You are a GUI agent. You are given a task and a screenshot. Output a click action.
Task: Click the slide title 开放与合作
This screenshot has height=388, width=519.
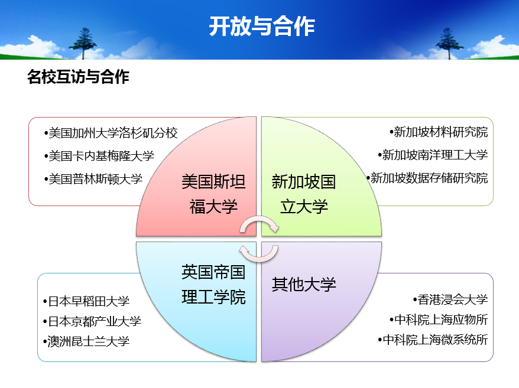[262, 26]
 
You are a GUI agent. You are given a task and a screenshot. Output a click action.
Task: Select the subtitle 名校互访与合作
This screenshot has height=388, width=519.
[78, 77]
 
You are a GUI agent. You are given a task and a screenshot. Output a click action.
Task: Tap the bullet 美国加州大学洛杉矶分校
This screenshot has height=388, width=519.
[111, 133]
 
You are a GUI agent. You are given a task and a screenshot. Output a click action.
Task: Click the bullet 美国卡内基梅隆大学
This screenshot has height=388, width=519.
[99, 156]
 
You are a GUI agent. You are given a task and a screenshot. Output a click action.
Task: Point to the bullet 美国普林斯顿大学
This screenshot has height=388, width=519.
[93, 179]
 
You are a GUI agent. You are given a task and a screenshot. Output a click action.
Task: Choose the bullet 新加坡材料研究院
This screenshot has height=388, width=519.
[439, 132]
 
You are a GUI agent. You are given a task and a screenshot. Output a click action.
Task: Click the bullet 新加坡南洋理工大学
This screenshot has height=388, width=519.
[433, 155]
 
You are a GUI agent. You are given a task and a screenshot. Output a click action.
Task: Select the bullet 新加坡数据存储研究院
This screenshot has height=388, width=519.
[427, 178]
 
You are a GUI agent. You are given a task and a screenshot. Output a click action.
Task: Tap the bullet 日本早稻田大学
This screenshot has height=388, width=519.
[86, 301]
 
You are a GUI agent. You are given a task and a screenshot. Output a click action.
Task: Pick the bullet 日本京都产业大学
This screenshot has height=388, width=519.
[92, 321]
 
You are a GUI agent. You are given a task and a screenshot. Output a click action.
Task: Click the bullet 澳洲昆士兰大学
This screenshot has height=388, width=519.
[86, 341]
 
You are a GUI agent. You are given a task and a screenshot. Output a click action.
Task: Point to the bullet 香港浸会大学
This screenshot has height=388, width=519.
[450, 299]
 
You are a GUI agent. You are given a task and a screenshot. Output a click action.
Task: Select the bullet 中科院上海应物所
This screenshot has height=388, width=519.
[439, 319]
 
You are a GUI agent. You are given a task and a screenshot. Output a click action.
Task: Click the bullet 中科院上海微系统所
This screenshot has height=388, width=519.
[433, 340]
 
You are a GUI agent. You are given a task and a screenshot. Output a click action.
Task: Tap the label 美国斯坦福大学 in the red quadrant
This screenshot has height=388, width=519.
[213, 194]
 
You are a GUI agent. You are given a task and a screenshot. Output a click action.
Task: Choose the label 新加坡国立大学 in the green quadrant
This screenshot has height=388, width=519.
[304, 194]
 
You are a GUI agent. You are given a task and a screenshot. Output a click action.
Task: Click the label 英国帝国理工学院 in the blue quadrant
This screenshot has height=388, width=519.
[213, 284]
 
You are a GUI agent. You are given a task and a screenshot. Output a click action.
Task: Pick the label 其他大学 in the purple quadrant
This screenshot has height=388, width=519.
[304, 285]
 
